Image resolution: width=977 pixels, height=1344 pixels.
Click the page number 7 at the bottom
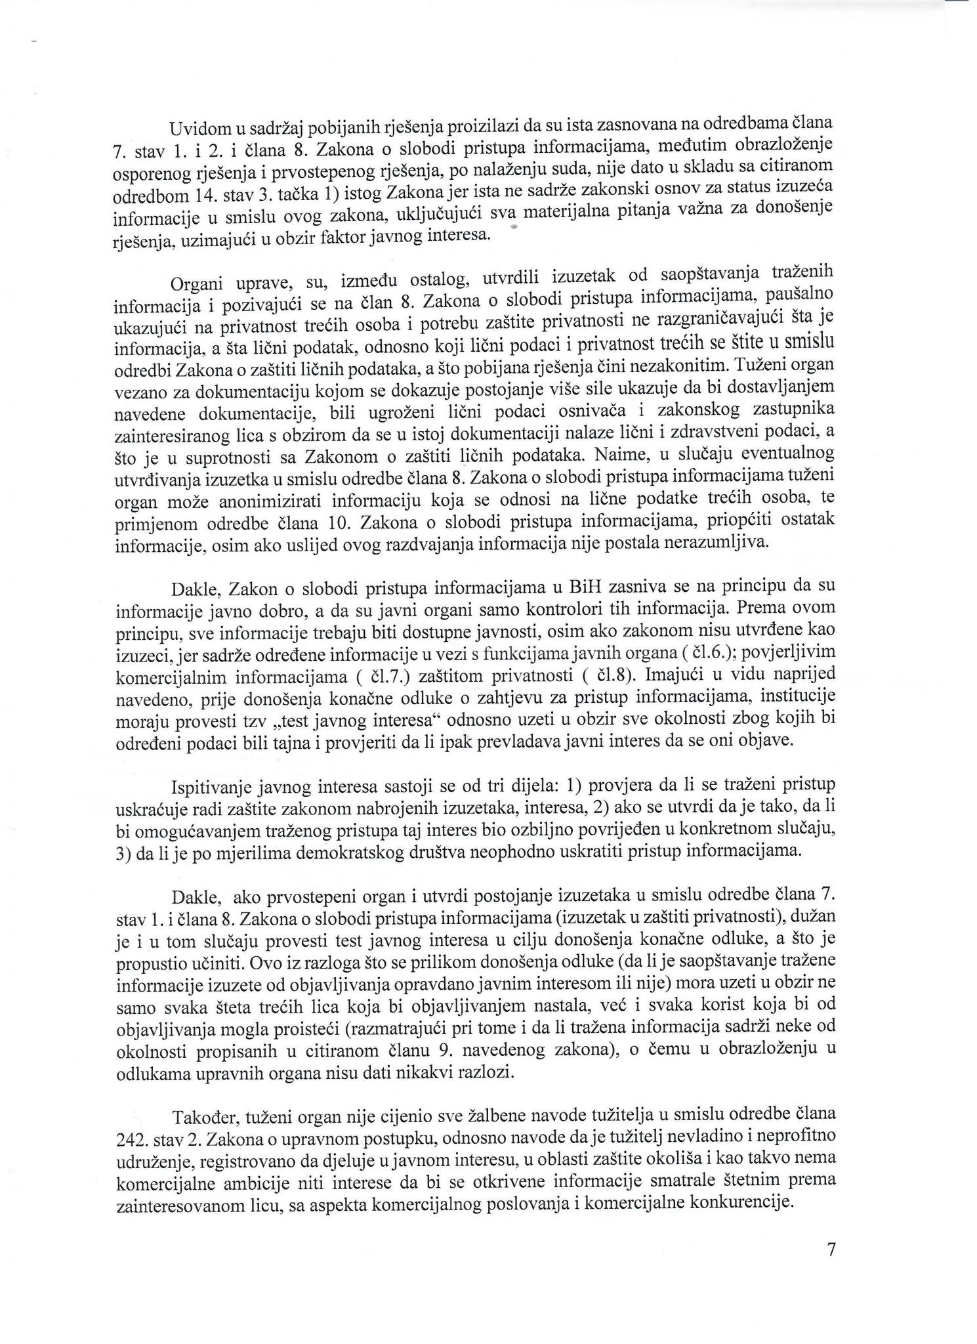point(830,1249)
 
